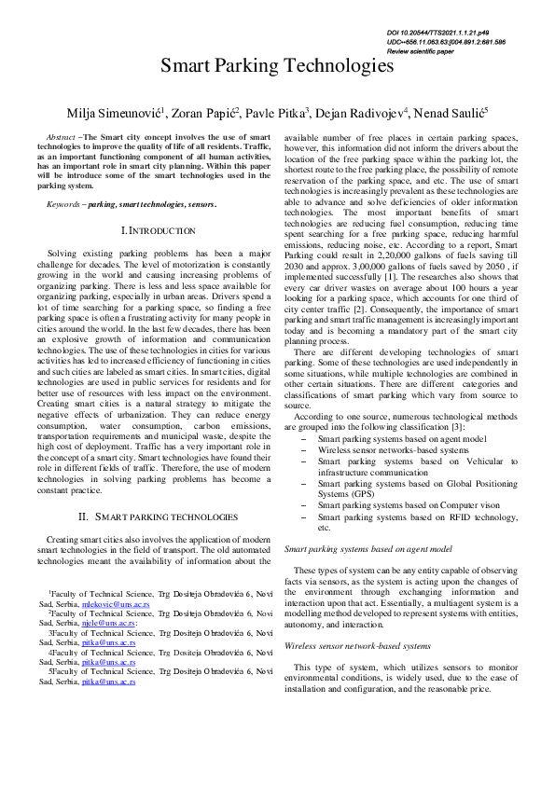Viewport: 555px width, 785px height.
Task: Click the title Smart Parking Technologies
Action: [277, 66]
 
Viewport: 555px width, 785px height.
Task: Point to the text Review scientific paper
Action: [433, 51]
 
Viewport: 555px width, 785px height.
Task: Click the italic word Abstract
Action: [61, 137]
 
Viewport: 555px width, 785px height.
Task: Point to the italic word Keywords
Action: [62, 202]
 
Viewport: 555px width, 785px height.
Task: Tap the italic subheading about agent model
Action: [368, 550]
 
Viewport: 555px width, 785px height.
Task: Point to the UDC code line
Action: [446, 42]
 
